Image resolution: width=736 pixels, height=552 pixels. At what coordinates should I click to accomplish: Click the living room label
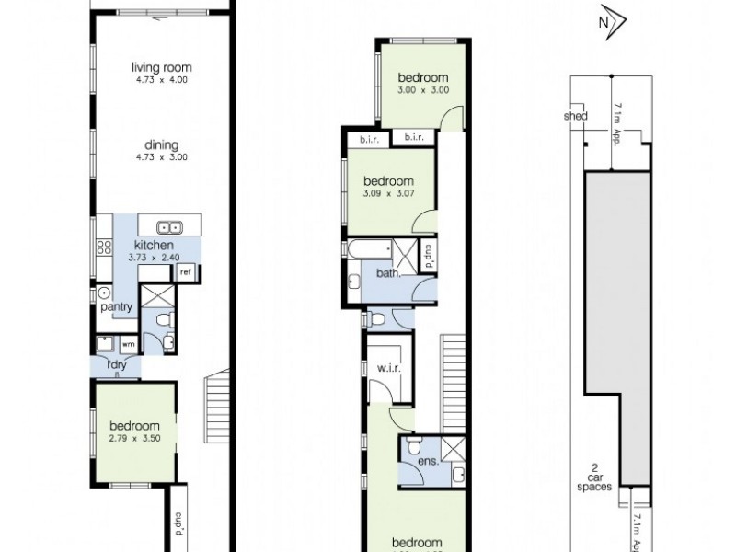click(160, 67)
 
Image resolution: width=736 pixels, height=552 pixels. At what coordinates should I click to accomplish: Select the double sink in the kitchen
click(167, 226)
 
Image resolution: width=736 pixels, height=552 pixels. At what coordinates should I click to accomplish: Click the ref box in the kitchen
click(185, 271)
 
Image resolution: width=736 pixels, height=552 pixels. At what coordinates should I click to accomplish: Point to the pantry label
click(119, 306)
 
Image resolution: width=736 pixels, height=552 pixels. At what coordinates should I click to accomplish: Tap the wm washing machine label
click(128, 345)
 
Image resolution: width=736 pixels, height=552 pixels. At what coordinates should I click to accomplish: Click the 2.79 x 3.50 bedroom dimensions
click(134, 439)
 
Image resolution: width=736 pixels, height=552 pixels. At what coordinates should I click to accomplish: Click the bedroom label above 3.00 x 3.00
click(422, 77)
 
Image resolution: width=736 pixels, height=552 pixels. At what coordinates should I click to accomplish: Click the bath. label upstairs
click(387, 273)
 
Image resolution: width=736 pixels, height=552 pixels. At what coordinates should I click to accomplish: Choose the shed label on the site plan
click(575, 116)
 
